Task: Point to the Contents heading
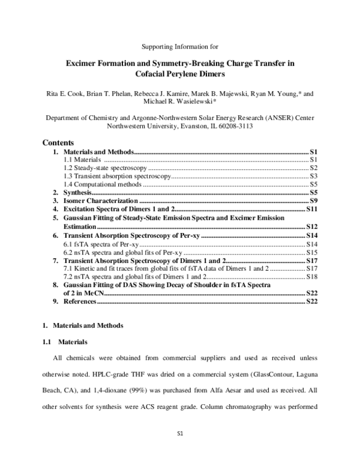pos(58,144)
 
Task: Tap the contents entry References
pos(79,301)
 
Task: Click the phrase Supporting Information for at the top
pos(179,46)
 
